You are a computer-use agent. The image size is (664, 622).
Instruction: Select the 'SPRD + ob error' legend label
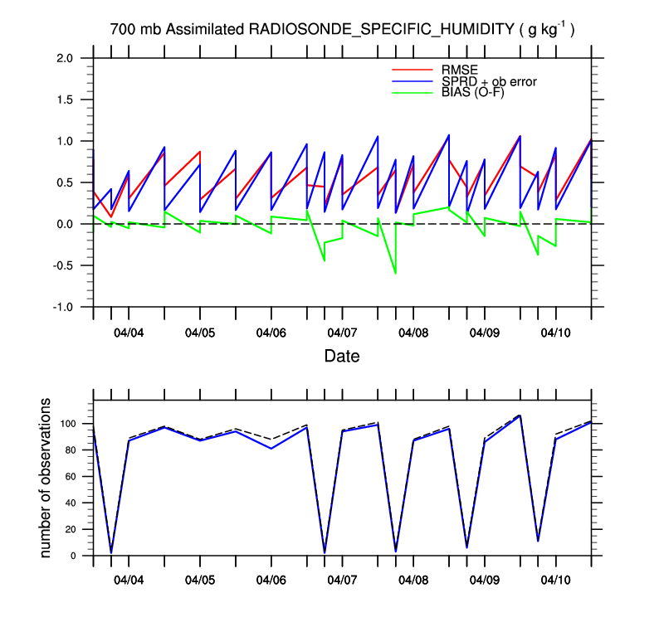(489, 81)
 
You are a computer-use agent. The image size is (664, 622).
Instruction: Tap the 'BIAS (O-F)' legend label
(472, 93)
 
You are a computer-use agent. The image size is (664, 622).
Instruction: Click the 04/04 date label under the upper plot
(129, 333)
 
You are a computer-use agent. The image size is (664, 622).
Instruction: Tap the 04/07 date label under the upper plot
(342, 333)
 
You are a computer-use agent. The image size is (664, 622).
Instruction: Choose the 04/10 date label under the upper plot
(555, 333)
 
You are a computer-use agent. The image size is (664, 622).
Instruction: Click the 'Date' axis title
(342, 356)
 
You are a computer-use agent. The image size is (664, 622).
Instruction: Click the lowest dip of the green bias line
(395, 273)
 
